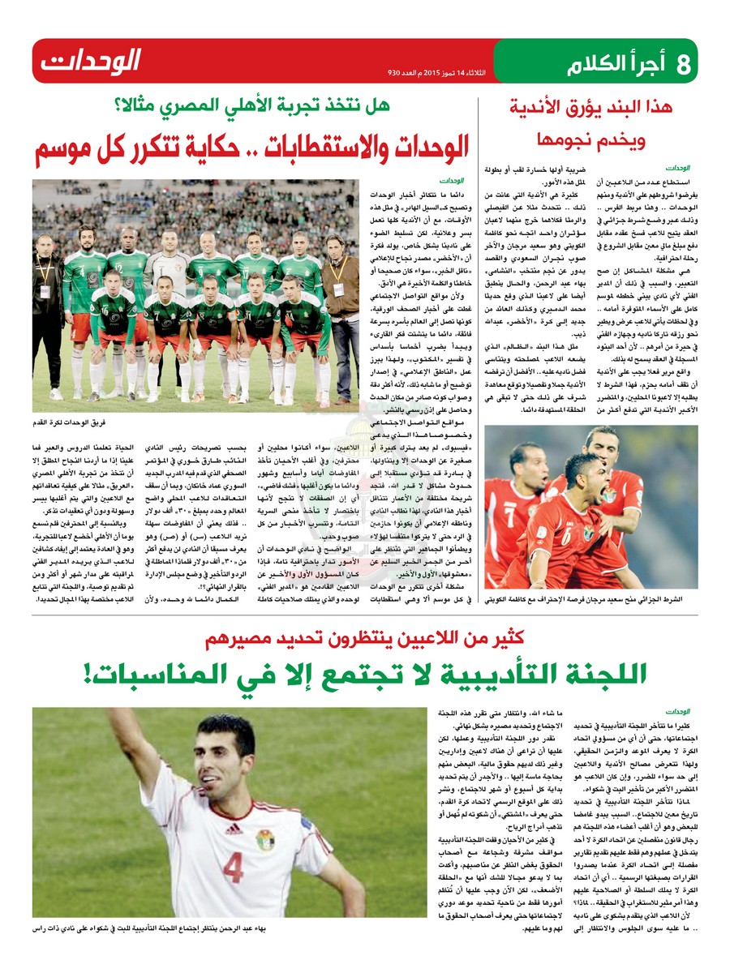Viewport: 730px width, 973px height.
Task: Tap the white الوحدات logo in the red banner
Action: coord(91,61)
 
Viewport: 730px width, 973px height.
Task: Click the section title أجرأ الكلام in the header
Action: coord(616,62)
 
